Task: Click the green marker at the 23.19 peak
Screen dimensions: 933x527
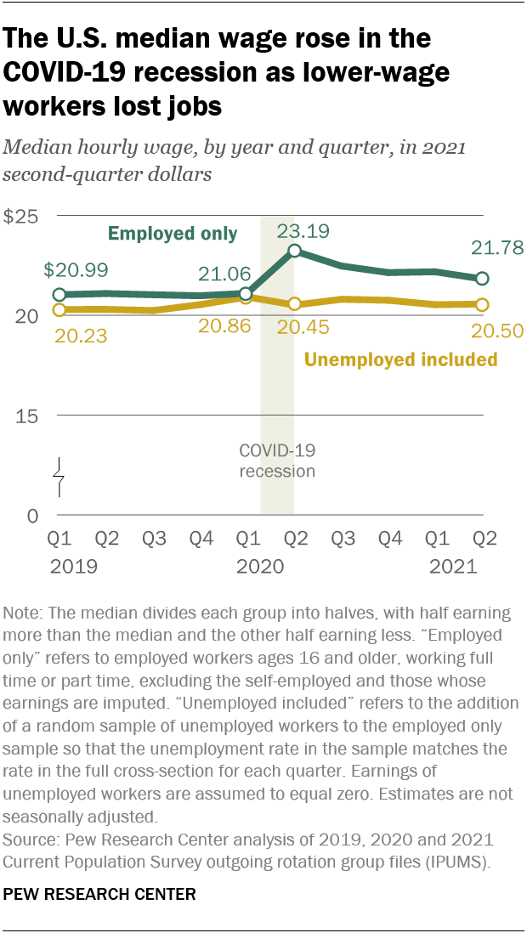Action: [x=294, y=251]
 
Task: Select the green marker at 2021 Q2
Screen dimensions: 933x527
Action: [x=482, y=279]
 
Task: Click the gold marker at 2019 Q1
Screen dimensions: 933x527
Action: [x=59, y=310]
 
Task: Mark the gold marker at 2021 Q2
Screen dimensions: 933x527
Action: [x=482, y=304]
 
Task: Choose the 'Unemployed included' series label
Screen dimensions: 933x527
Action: [x=400, y=359]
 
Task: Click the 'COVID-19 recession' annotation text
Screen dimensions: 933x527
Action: [x=277, y=461]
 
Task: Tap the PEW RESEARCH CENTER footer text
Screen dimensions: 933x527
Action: [x=100, y=894]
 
